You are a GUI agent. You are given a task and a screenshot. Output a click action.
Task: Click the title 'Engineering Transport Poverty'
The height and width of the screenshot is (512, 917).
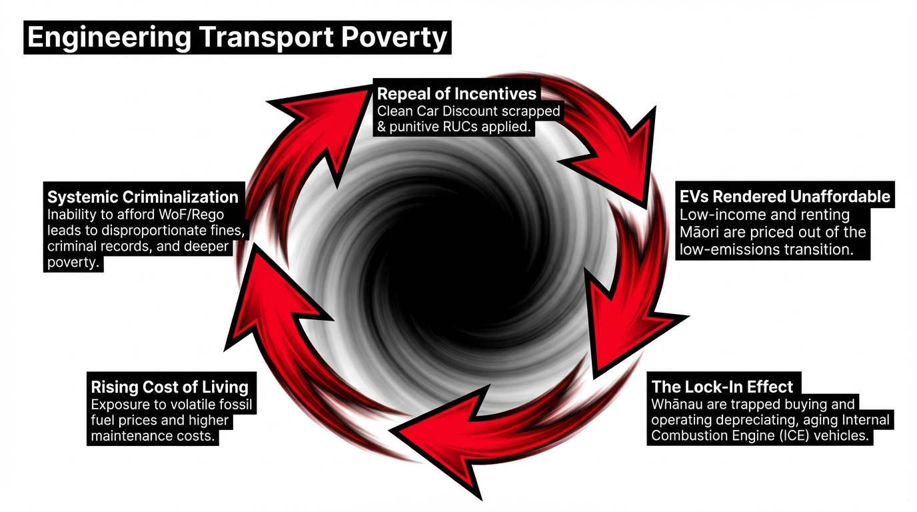click(237, 37)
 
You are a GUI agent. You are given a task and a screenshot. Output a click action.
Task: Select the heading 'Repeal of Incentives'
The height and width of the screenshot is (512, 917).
click(457, 93)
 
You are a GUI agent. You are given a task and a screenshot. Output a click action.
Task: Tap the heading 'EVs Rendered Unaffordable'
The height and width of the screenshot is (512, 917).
click(784, 196)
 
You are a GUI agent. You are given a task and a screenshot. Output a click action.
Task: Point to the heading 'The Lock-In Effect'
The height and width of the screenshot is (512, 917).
click(722, 387)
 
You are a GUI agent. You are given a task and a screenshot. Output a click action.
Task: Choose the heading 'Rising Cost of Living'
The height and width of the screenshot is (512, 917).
click(169, 387)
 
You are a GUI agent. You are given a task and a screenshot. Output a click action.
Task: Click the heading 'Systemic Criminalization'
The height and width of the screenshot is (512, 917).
click(143, 197)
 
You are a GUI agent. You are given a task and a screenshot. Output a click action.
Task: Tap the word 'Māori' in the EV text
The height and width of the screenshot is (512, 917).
click(699, 232)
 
